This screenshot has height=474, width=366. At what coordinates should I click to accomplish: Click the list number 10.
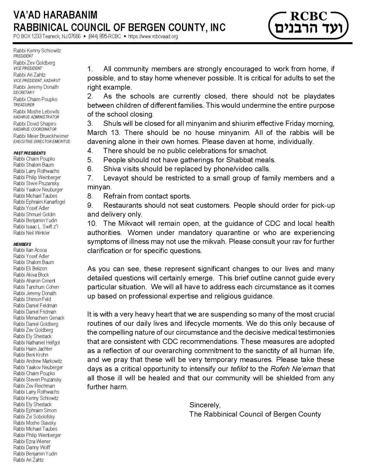pyautogui.click(x=91, y=223)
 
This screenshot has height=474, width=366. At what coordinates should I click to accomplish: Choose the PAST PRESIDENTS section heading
pyautogui.click(x=30, y=152)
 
